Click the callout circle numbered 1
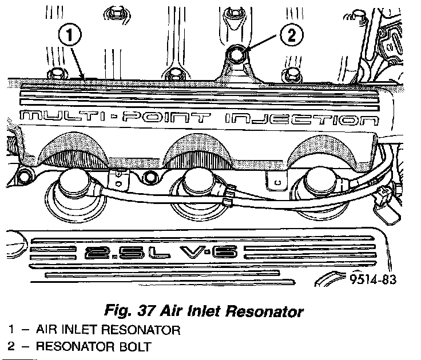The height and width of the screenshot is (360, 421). (x=69, y=36)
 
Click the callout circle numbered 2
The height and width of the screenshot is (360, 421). (x=291, y=36)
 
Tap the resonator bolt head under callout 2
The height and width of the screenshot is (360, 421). (x=237, y=55)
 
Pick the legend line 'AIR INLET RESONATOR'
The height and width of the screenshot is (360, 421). (x=108, y=330)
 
